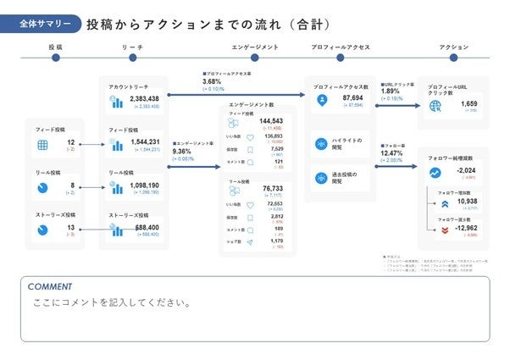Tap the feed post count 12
pyautogui.click(x=71, y=142)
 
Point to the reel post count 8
pyautogui.click(x=73, y=185)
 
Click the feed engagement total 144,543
pyautogui.click(x=271, y=121)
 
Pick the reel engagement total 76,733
pyautogui.click(x=274, y=189)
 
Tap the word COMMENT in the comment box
pyautogui.click(x=50, y=286)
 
